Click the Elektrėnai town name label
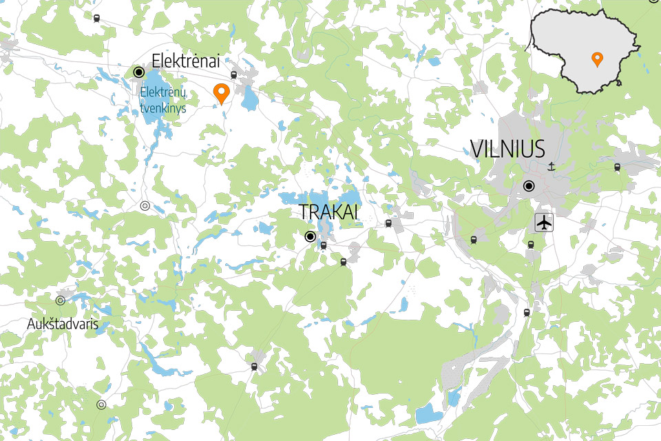pyautogui.click(x=185, y=61)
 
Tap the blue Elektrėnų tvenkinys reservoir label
pyautogui.click(x=163, y=100)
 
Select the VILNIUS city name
pyautogui.click(x=507, y=149)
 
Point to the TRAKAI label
pyautogui.click(x=329, y=212)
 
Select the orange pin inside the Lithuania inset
pyautogui.click(x=597, y=60)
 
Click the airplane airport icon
pyautogui.click(x=544, y=223)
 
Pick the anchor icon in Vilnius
pyautogui.click(x=551, y=165)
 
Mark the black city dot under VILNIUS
pyautogui.click(x=529, y=185)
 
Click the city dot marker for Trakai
pyautogui.click(x=310, y=236)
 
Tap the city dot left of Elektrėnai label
pyautogui.click(x=138, y=72)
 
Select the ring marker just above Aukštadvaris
pyautogui.click(x=61, y=300)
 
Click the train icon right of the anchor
pyautogui.click(x=617, y=167)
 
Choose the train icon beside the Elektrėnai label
pyautogui.click(x=233, y=75)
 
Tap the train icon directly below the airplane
pyautogui.click(x=530, y=245)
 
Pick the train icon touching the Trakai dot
pyautogui.click(x=323, y=245)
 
